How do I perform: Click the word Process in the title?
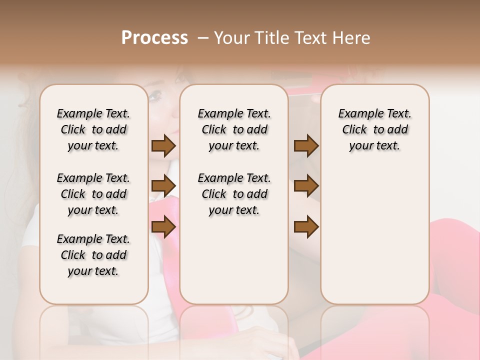point(154,38)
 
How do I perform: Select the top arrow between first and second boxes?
point(163,145)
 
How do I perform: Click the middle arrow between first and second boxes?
point(163,186)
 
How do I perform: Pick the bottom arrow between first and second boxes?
point(163,226)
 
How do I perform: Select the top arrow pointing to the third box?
point(306,145)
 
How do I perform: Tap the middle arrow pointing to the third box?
point(306,186)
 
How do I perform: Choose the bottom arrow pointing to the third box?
point(306,226)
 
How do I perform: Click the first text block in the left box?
point(93,129)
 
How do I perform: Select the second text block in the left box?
point(93,194)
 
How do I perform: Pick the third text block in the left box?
point(93,255)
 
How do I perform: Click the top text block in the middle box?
point(234,129)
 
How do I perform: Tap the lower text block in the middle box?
point(234,194)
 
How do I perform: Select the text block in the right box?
point(374,129)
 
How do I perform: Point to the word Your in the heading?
point(232,38)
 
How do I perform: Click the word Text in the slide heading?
point(311,38)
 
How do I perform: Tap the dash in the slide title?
point(202,38)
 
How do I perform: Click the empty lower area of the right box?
point(374,240)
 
